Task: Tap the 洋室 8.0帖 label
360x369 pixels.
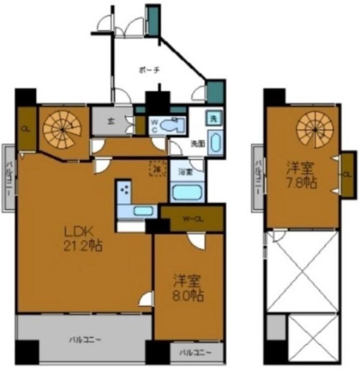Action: coord(187,288)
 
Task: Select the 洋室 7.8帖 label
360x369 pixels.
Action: coord(302,175)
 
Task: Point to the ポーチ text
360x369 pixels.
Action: coord(149,70)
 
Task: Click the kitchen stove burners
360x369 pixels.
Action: coord(125,189)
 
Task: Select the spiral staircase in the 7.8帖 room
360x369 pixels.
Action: coord(314,129)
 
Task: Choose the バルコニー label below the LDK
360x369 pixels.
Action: coord(85,340)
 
